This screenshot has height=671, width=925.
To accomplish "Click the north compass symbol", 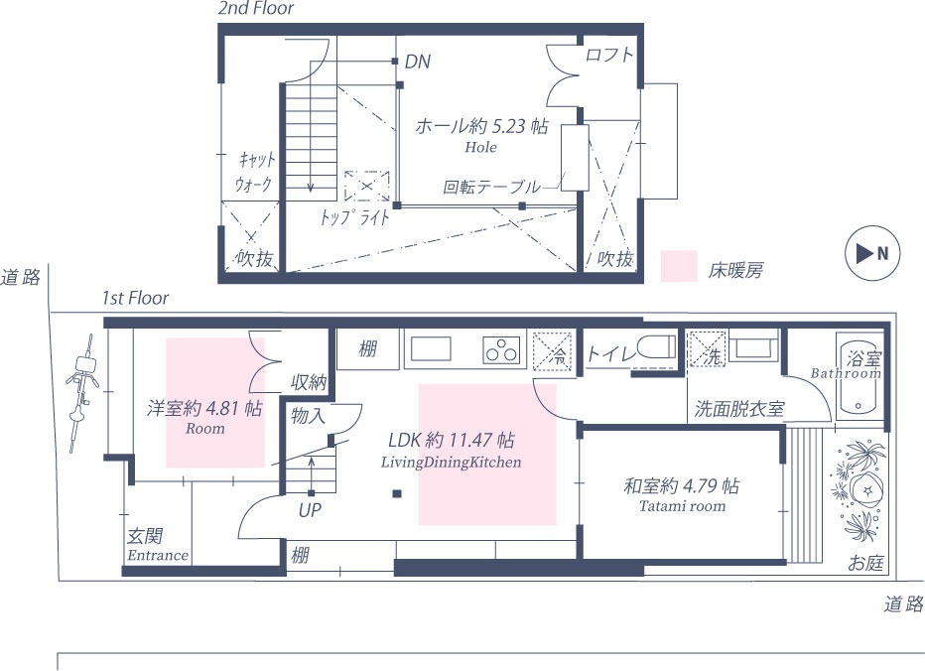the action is [x=872, y=253].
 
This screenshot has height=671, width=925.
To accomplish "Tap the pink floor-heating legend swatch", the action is [x=679, y=266].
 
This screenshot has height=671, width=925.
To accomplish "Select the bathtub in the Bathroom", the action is [x=859, y=378].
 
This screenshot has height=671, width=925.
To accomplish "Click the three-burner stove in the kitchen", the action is [x=503, y=350].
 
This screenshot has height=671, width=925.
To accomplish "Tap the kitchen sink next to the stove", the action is [x=431, y=348].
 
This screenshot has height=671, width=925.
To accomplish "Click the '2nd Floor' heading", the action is [x=255, y=8].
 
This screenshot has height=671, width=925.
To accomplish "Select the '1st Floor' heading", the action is [x=135, y=298].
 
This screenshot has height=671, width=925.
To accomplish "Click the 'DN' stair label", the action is [x=418, y=62].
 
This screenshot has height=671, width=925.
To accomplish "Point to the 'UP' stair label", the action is [x=310, y=510].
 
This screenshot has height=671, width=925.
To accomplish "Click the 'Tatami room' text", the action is [x=683, y=506].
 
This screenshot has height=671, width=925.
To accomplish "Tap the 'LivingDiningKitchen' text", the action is [x=452, y=462].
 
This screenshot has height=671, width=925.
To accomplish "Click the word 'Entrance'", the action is [x=158, y=555].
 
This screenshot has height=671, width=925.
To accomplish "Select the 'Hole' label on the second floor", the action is [x=480, y=147].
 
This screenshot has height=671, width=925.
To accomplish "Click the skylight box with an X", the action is [x=367, y=186].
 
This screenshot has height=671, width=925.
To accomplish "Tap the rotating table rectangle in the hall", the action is [x=575, y=158].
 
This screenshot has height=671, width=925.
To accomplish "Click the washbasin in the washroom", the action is [x=754, y=346].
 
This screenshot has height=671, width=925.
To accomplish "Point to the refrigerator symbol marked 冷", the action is [x=553, y=351].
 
